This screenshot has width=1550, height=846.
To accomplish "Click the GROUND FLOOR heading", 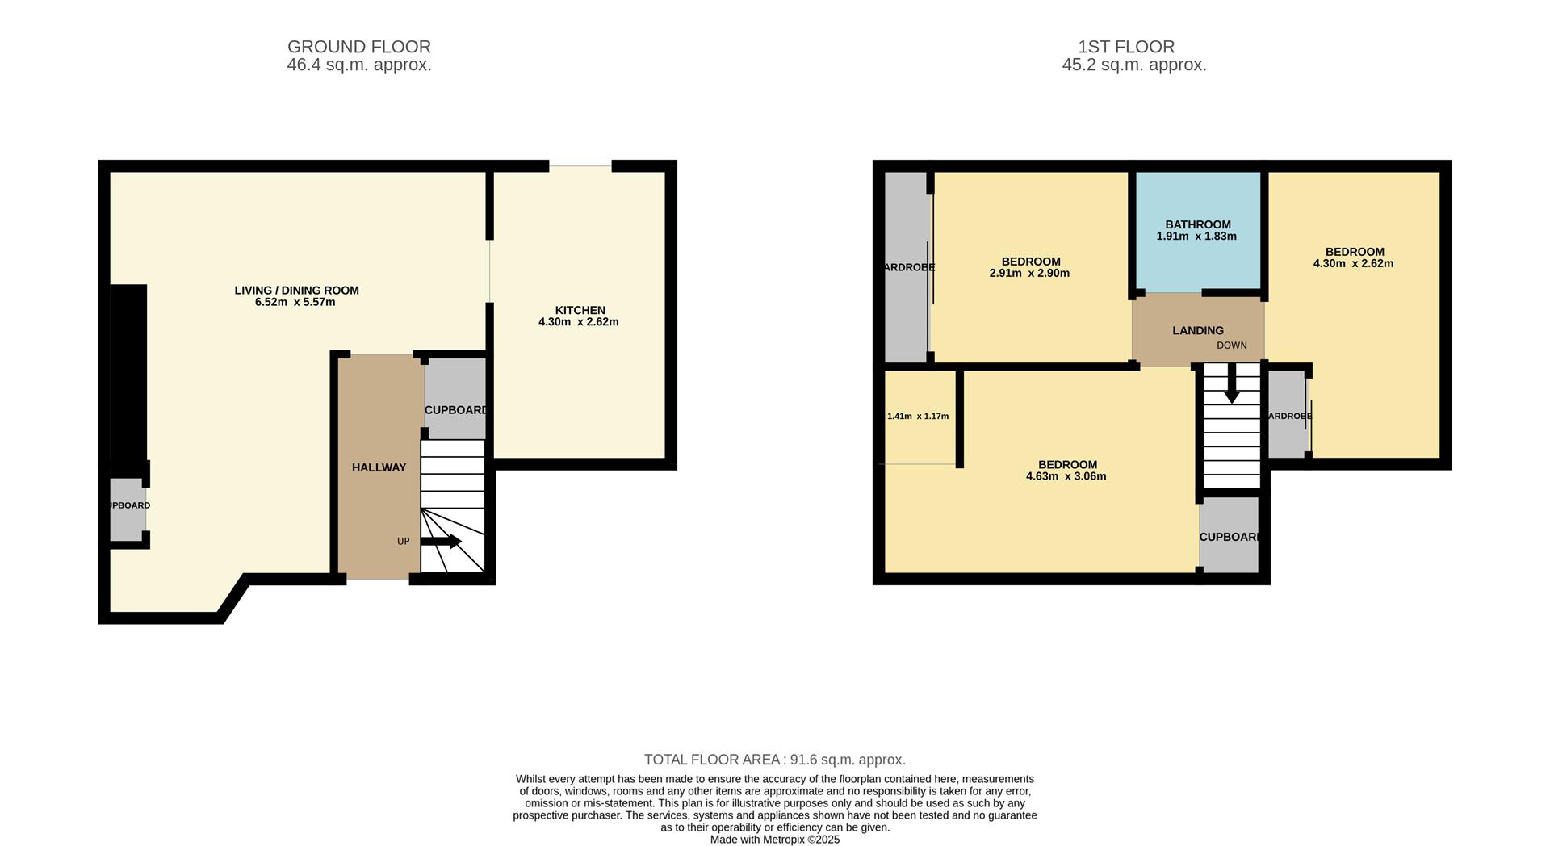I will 358,47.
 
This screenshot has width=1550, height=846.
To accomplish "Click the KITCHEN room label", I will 580,310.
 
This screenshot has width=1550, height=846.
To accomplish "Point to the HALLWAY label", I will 379,467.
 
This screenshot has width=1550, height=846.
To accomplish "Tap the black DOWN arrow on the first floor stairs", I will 1231,383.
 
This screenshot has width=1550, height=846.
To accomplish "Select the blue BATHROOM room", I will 1198,231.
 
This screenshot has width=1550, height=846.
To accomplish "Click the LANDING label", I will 1198,330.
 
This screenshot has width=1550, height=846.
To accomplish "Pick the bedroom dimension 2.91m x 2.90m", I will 1029,273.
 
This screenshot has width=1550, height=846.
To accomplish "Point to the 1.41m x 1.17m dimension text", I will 918,417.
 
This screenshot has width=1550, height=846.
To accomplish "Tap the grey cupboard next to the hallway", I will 455,396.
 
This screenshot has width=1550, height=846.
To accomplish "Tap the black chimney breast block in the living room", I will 128,371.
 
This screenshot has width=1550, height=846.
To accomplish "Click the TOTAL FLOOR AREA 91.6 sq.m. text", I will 774,760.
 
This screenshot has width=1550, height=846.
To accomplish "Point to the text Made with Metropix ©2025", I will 774,840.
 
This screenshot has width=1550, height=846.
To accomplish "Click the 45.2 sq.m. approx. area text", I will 1133,65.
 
